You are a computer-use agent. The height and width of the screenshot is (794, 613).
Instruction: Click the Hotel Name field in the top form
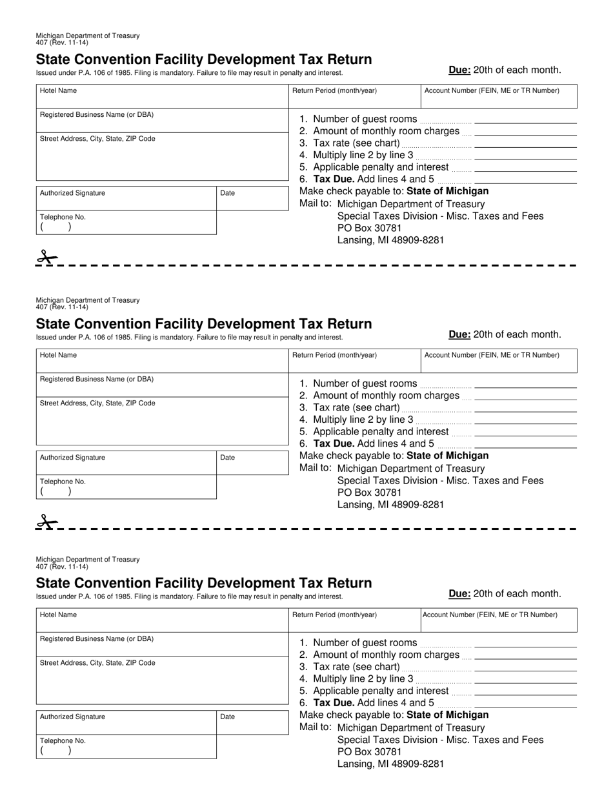pos(161,97)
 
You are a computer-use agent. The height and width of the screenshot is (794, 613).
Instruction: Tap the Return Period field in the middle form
pos(354,362)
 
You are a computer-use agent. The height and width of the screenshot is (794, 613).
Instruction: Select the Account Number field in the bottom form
pos(498,622)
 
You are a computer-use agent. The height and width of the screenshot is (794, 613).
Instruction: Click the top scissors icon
pos(46,258)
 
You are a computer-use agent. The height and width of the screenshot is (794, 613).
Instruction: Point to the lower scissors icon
pos(46,522)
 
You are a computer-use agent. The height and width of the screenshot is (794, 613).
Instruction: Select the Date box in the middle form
pos(252,463)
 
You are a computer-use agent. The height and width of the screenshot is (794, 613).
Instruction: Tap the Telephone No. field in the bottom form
pos(126,747)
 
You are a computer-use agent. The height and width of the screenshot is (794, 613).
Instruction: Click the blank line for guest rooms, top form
pos(525,120)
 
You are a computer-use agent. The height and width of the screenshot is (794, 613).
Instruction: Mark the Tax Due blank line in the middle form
pos(525,445)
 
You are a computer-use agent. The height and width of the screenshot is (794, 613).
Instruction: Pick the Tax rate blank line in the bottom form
pos(525,667)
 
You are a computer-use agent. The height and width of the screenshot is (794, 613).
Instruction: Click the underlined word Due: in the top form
pos(459,70)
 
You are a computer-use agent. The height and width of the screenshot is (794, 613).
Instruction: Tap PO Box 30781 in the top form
pos(369,228)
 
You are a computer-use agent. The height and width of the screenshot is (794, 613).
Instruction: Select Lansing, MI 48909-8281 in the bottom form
pos(390,764)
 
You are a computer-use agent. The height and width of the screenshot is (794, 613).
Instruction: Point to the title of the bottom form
pos(204,583)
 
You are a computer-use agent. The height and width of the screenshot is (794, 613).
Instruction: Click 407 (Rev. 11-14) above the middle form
pos(63,307)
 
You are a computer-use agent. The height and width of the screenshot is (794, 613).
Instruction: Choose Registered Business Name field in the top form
pos(161,121)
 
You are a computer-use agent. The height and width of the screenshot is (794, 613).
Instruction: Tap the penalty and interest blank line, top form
pos(525,168)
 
